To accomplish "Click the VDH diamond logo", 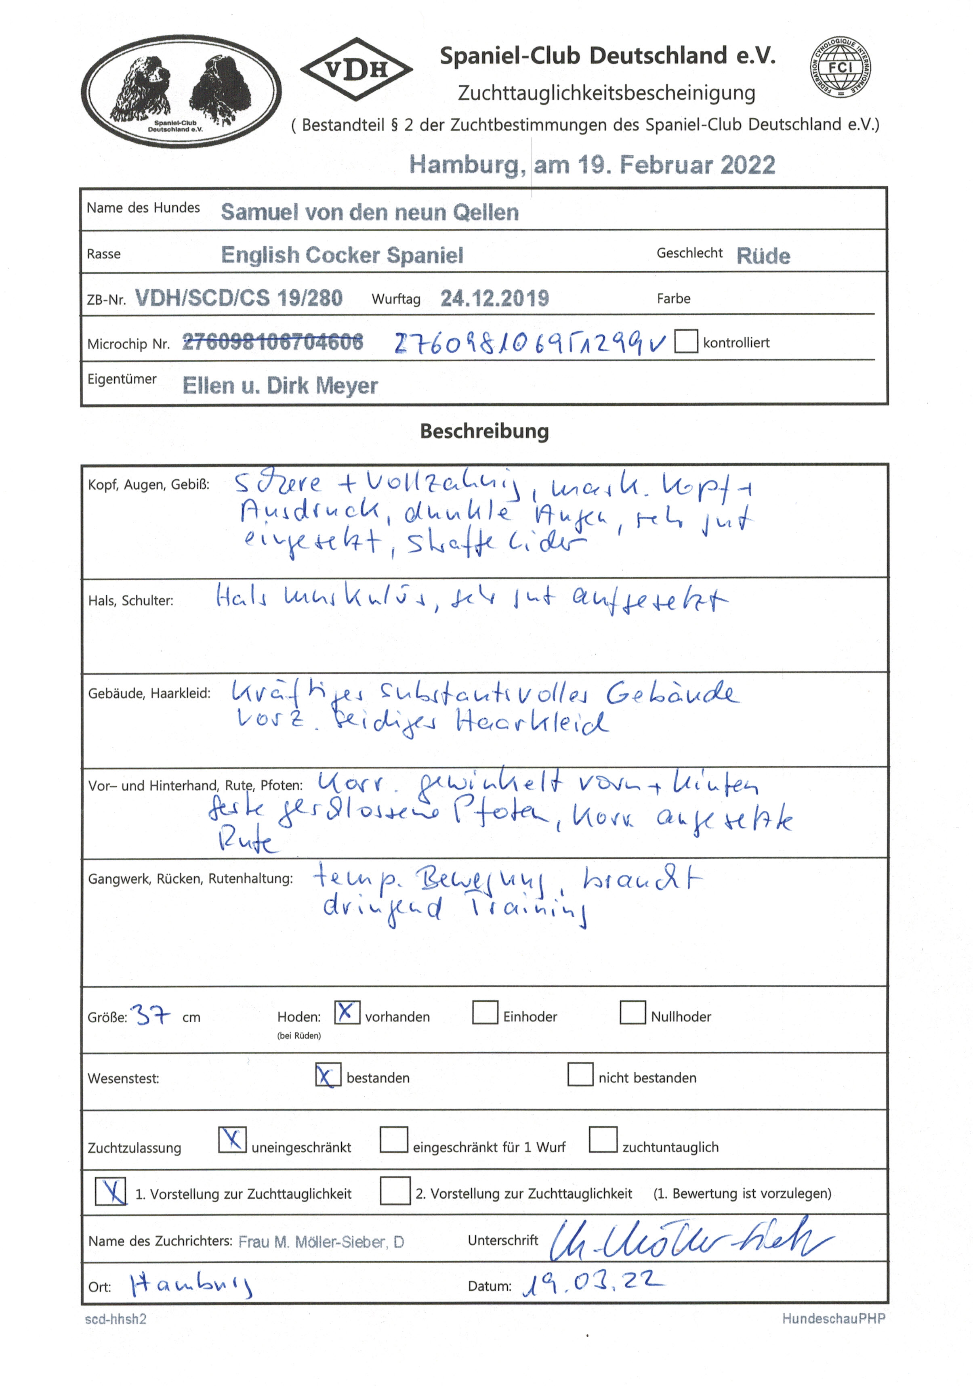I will [x=356, y=69].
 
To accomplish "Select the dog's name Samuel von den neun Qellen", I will [x=369, y=212].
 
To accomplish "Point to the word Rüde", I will [x=763, y=256].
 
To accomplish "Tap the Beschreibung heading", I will [x=484, y=431].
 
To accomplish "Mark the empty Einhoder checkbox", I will [x=485, y=1012].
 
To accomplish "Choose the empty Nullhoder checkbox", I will [x=633, y=1012].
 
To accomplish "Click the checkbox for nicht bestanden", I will [x=580, y=1074].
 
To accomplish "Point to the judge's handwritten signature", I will [x=689, y=1239].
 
